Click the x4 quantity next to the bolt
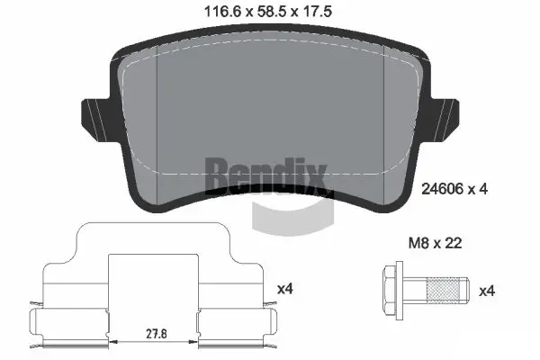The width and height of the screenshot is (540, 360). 486,291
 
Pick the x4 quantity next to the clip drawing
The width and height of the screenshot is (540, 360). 284,289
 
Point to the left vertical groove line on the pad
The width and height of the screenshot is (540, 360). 157,126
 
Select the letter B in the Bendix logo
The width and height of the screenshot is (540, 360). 217,175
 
